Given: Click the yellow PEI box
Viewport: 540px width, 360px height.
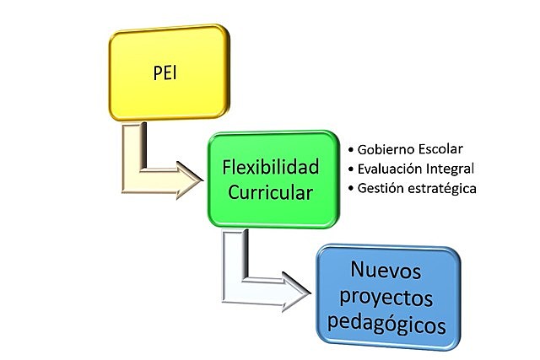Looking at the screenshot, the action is pos(170,74).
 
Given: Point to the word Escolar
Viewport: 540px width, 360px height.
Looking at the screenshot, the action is pos(442,149).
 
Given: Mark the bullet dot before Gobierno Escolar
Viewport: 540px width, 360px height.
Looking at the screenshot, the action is pos(350,150).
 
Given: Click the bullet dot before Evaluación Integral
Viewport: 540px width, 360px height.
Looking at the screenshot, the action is pos(350,169).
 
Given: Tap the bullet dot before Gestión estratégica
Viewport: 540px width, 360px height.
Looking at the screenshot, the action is pos(350,190).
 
